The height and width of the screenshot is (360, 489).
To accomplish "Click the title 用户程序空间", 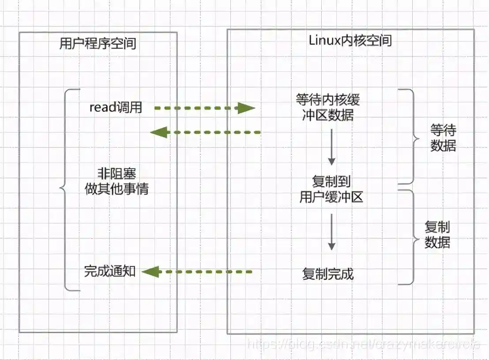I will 98,44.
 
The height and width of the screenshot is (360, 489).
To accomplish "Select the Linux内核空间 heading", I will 350,41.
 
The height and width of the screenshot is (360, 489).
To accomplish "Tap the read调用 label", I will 116,108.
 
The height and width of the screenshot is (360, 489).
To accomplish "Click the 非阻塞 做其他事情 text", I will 117,181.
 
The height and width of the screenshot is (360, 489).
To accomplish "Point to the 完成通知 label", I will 109,271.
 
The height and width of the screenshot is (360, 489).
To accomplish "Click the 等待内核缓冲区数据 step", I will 328,107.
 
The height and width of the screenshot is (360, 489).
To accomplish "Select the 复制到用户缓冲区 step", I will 331,189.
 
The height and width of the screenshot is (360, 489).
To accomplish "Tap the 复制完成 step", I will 328,274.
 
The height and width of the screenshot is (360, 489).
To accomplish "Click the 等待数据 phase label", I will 443,138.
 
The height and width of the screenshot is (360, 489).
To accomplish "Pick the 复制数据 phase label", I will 437,235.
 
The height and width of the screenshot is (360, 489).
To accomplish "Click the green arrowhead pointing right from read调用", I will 246,108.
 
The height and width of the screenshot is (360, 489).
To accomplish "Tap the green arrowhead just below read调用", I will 159,132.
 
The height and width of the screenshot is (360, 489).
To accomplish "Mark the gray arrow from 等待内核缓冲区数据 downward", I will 331,147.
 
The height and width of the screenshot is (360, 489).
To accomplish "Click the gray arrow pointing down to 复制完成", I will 331,232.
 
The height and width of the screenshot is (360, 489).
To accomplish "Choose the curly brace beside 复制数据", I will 411,237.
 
